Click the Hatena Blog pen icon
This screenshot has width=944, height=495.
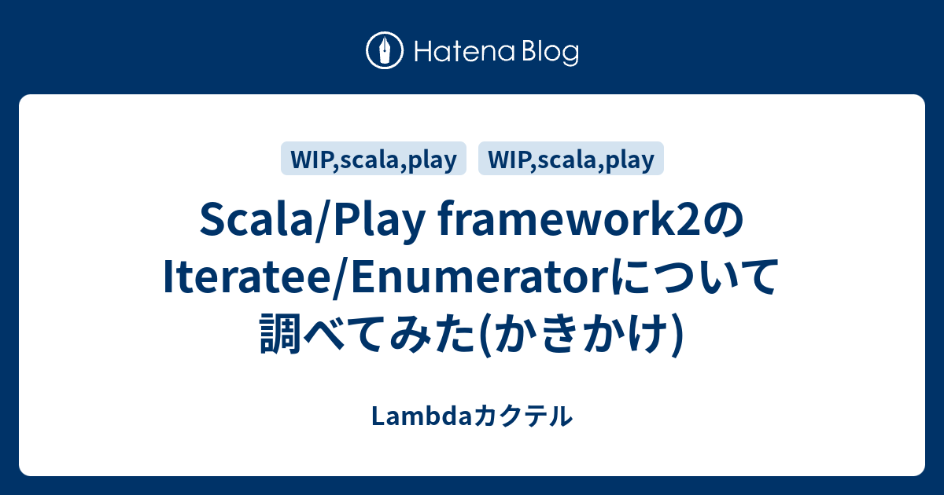[385, 52]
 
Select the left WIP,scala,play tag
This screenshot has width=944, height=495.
[374, 159]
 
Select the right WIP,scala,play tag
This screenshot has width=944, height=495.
[571, 159]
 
